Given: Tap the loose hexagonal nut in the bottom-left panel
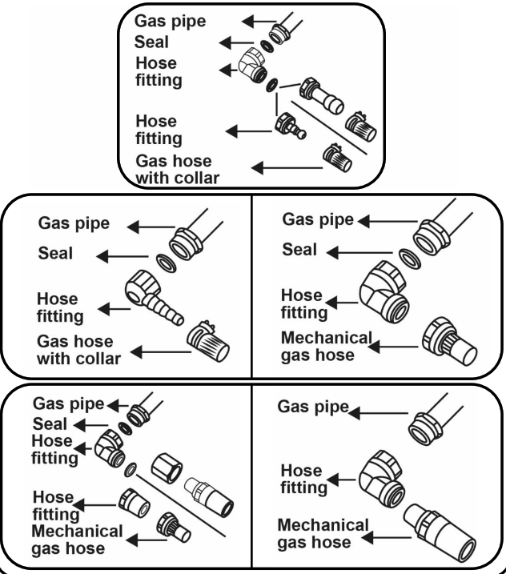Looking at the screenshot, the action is coord(167,468).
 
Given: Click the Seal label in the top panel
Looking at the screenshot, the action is coord(151,42).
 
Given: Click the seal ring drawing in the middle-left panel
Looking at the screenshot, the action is coord(167,263).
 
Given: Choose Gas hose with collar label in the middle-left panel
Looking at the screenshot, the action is coord(78,350).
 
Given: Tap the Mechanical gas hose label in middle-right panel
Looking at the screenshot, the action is coord(327,347).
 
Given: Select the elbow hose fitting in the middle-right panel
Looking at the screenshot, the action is coord(384,292).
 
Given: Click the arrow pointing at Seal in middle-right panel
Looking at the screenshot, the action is coord(359,253).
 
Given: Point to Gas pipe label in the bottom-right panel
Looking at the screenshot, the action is coord(313,407).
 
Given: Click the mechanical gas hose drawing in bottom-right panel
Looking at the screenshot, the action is coord(440,532).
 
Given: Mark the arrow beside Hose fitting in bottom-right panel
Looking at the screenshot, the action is coord(341,480).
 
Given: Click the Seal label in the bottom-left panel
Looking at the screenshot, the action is coord(50,424).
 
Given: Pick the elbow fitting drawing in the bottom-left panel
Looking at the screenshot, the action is coord(110,449).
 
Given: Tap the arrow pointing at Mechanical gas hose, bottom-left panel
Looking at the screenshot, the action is coord(146,540).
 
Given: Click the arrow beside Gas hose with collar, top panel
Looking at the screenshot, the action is coord(287,168).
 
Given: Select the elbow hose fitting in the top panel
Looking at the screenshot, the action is coord(252,65).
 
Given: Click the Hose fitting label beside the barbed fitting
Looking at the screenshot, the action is coord(60,307).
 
